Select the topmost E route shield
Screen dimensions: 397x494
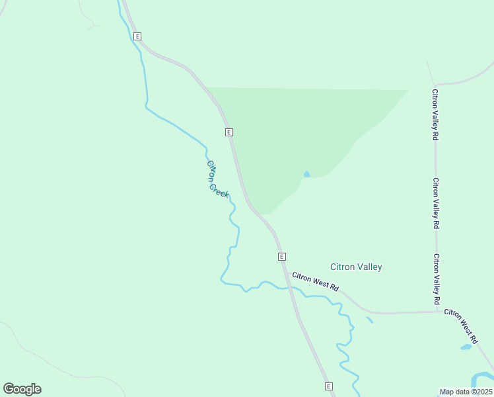[137, 36]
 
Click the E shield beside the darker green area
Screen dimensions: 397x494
[229, 132]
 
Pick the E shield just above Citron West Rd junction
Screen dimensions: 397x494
[281, 256]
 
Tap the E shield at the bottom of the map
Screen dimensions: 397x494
[328, 386]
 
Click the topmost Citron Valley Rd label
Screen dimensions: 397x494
[435, 114]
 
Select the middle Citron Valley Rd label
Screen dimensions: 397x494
[436, 202]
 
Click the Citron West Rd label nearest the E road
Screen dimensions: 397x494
[315, 282]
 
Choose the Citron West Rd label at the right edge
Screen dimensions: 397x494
[468, 321]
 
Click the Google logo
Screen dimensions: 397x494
[22, 389]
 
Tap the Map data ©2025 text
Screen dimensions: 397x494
[466, 392]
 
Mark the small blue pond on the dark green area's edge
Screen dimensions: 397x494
[306, 174]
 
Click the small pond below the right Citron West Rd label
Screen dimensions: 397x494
[466, 347]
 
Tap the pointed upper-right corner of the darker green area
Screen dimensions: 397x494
[407, 91]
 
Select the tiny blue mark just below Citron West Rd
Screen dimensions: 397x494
[369, 321]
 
